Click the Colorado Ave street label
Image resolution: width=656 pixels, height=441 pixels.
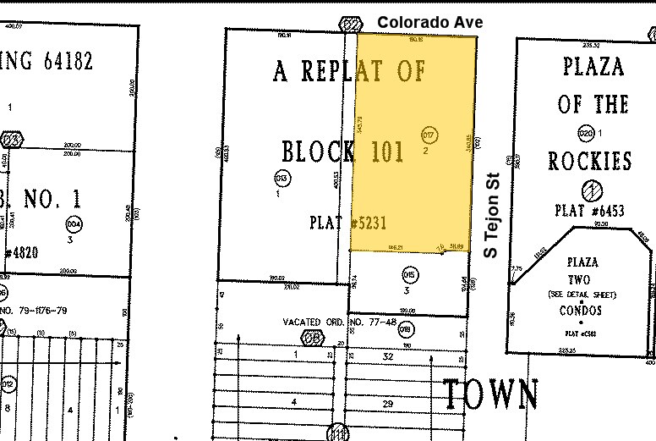click(430, 22)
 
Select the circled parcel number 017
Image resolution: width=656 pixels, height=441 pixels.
click(429, 135)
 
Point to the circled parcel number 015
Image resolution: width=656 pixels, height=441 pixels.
click(410, 274)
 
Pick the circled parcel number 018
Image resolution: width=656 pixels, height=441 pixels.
click(405, 328)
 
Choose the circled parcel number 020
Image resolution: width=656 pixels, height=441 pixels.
click(586, 133)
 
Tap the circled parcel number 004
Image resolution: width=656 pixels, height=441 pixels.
click(74, 223)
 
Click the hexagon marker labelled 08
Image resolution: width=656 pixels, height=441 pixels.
click(314, 337)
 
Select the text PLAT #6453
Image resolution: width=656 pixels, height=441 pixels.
click(590, 210)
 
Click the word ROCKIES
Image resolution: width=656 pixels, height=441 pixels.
click(590, 162)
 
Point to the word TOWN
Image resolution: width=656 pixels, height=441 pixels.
click(491, 394)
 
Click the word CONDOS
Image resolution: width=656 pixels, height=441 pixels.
click(581, 311)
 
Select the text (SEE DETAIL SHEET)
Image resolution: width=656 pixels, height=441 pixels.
click(581, 295)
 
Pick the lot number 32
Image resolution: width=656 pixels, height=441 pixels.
click(388, 356)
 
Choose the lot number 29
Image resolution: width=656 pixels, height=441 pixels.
click(388, 405)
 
